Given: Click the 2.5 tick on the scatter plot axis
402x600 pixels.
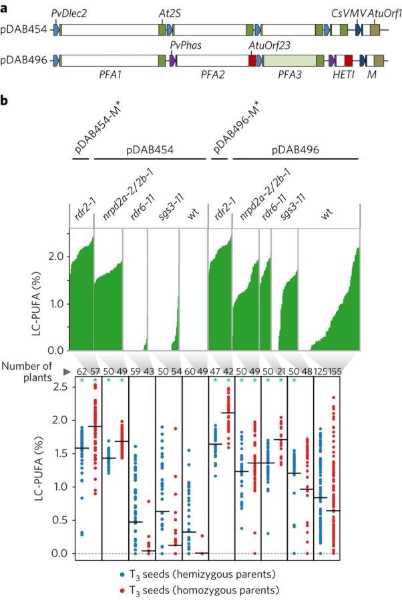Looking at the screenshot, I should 62,387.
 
